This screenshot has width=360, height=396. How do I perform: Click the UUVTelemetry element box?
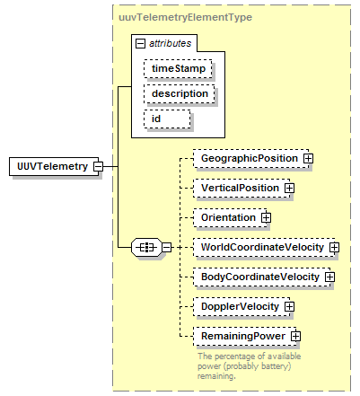pos(54,166)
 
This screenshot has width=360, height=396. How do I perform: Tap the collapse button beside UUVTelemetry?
pos(98,166)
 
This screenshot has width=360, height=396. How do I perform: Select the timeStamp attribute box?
pos(178,68)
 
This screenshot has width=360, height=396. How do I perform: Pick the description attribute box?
pos(180,94)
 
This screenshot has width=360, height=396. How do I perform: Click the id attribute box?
pos(167,119)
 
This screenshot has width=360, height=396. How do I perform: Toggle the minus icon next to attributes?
pos(140,44)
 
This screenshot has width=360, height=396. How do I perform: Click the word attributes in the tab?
pos(170,43)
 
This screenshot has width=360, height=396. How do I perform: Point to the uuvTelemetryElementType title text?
pos(185,17)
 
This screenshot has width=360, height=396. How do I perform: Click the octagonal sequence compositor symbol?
pos(146,248)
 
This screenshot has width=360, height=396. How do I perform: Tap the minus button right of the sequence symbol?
pos(167,248)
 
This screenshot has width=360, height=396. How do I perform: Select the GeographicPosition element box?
pos(250,158)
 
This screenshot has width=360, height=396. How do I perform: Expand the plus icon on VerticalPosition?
pos(289,189)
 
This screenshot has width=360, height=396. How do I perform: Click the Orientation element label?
pos(228,217)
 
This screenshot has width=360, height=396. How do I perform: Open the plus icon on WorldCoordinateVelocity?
pos(334,248)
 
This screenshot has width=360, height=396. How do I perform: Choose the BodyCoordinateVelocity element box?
pos(262,277)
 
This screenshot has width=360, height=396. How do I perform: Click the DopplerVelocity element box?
pos(241,306)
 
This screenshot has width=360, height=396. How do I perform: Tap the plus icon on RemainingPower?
pos(295,336)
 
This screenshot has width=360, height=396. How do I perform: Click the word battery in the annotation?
pos(274,366)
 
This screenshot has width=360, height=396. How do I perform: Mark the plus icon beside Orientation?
pos(266,217)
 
